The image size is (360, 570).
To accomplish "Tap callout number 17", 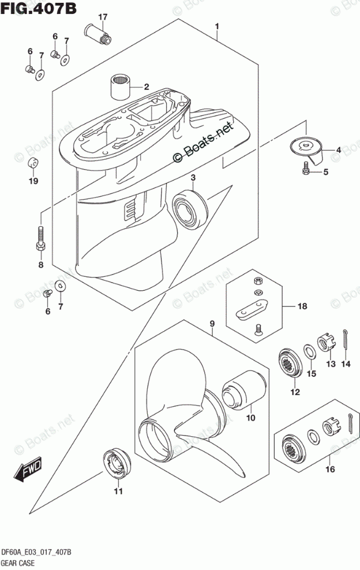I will [102, 17].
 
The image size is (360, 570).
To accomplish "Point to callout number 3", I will [194, 177].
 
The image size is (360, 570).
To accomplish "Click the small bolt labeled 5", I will [306, 170].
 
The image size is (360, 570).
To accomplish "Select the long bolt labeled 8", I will [40, 238].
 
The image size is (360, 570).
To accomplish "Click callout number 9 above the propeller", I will [212, 323].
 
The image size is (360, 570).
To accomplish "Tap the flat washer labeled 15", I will [309, 351].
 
